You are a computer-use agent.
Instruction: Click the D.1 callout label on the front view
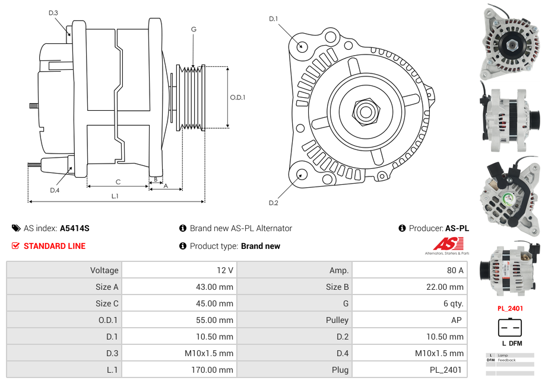pos(273,19)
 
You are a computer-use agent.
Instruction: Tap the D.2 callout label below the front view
pos(273,203)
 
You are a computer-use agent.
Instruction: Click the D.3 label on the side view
pos(53,12)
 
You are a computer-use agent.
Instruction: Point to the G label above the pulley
pos(194,29)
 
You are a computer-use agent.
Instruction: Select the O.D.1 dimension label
pos(238,98)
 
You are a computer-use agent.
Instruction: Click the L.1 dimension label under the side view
pos(115,196)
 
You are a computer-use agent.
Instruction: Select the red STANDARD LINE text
pos(55,246)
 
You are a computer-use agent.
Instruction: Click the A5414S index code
pos(75,228)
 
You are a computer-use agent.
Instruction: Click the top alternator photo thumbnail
pos(511,41)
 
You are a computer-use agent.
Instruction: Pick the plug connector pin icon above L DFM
pos(510,327)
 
